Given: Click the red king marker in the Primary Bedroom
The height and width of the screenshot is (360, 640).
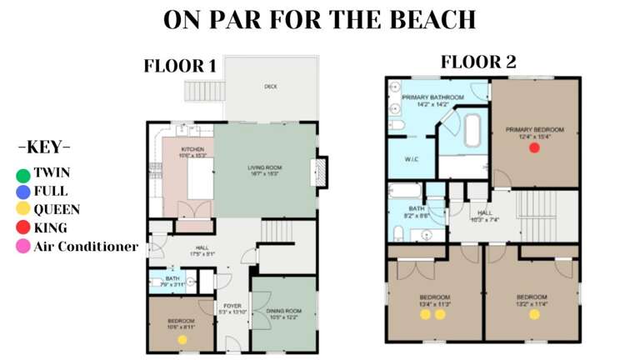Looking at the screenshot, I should pos(534,147).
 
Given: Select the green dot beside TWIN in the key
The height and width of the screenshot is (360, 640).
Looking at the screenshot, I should pos(22,175).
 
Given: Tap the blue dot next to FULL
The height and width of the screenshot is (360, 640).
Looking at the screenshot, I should pos(22,192).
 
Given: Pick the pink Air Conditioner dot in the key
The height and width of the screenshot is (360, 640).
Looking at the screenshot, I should pos(22,247).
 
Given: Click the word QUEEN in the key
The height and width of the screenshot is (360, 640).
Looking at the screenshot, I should pos(57,210).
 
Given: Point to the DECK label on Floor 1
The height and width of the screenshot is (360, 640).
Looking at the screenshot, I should pos(271,86).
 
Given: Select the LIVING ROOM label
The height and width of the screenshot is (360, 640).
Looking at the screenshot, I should pos(265,168).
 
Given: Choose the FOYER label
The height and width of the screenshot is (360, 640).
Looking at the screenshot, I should pos(232,306).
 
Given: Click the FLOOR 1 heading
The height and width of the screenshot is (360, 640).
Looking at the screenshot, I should pos(181,66).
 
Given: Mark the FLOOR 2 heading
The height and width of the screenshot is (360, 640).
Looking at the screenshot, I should pos(478,62).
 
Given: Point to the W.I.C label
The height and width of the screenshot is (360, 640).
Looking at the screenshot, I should pos(411,158).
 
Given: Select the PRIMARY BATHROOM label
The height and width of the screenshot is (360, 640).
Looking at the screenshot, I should pos(426,98).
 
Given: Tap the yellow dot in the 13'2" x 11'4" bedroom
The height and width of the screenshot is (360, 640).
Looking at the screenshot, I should pos(534,314).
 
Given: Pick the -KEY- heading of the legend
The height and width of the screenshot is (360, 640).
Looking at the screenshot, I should pos(43,147).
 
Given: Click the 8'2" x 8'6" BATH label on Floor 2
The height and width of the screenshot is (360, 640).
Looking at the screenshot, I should pos(414,209).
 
